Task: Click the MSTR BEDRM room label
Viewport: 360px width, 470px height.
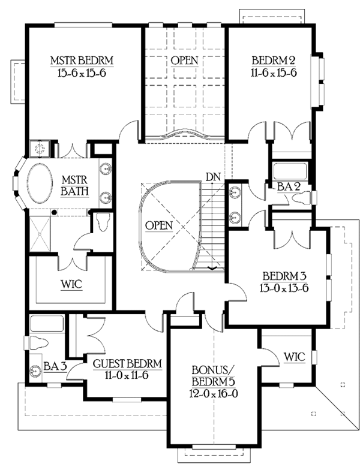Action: coord(82,61)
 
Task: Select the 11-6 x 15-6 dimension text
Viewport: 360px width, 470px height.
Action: coord(274,73)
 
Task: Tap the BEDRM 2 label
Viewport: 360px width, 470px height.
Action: coord(274,61)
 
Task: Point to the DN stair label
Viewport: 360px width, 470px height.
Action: coord(211,177)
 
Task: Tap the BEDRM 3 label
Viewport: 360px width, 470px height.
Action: coord(284,276)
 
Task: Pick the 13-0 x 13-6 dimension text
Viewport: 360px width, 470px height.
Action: coord(284,288)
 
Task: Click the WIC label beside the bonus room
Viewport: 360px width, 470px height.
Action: coord(293,357)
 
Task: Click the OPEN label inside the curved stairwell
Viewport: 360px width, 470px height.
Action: coord(159,225)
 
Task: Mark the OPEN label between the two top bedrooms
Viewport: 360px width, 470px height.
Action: coord(184,61)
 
